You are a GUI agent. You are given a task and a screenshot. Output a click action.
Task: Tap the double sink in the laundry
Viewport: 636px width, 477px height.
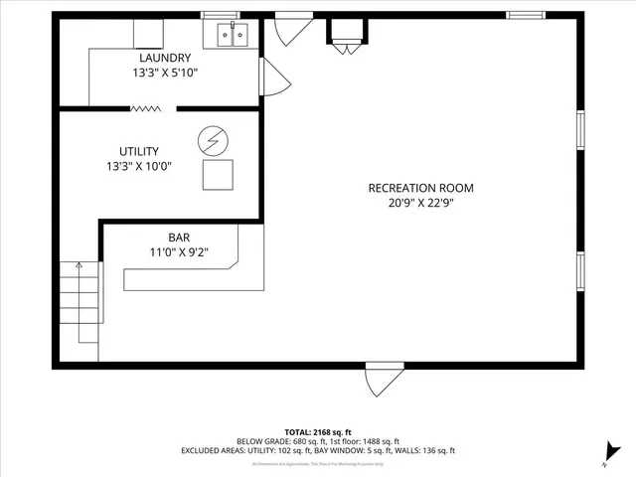pos(233,37)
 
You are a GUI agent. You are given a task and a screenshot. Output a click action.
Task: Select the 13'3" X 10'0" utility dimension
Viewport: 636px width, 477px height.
pos(139,166)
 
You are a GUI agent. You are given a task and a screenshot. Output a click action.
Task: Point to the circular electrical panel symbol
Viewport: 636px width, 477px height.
pos(212,141)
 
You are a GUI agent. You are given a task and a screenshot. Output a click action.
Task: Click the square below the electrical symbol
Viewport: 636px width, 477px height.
pos(218,174)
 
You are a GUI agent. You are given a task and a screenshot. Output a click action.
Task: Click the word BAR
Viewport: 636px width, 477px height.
pos(179,238)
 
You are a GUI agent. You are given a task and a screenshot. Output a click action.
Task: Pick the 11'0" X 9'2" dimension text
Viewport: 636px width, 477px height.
pos(179,252)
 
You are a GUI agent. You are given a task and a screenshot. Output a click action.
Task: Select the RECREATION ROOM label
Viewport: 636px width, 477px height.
pos(420,188)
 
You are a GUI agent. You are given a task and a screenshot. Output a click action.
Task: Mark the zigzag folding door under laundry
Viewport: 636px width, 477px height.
pos(146,108)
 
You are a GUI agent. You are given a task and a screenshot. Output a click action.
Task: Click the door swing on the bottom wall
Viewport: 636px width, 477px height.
pos(384,379)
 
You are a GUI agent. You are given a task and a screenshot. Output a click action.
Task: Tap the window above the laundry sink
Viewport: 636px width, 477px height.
pos(220,15)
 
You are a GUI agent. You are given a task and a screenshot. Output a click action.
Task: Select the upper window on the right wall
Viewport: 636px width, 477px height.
pos(580,130)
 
